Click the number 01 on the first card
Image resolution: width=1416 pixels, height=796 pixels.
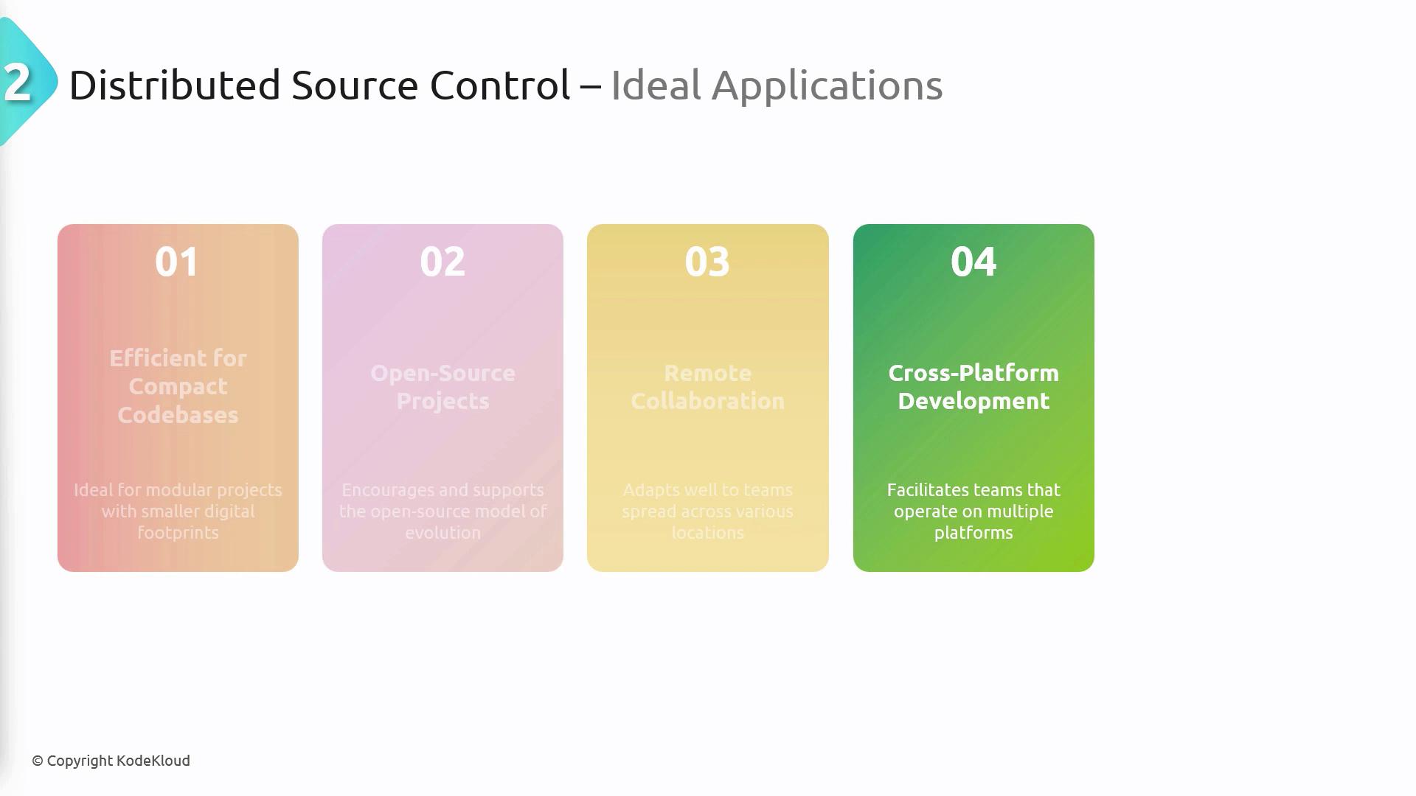click(177, 262)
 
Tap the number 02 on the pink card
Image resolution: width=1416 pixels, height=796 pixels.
click(442, 262)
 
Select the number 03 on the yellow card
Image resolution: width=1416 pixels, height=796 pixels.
click(707, 262)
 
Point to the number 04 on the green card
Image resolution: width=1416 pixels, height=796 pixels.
click(974, 262)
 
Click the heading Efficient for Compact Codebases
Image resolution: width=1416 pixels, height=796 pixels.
click(178, 386)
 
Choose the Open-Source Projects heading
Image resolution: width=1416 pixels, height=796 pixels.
click(442, 387)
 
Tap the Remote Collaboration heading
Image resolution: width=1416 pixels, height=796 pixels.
click(707, 387)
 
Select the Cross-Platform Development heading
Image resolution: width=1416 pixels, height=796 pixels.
click(974, 387)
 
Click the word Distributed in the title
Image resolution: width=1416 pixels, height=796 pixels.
click(175, 85)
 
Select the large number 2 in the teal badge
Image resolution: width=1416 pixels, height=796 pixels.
click(17, 82)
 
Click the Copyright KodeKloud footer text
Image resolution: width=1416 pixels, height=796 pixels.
click(111, 761)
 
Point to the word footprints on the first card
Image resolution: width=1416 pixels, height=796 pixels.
click(178, 532)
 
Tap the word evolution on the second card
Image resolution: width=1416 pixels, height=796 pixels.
click(442, 532)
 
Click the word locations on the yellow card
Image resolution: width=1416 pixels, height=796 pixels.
click(707, 532)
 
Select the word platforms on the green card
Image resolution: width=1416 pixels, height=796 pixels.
click(974, 533)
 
